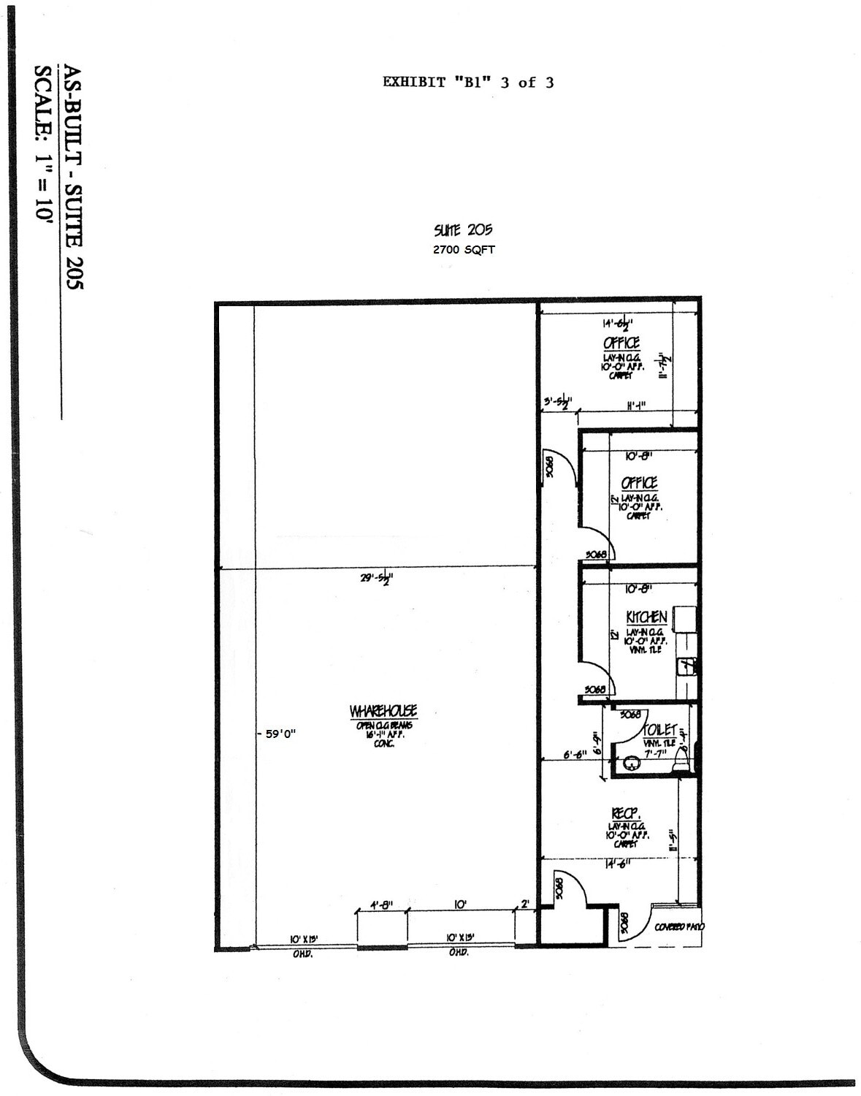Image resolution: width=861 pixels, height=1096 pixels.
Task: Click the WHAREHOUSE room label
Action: [x=383, y=711]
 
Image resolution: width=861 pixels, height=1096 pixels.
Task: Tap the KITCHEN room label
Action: [x=646, y=617]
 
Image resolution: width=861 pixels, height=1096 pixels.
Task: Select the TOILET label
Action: [x=659, y=730]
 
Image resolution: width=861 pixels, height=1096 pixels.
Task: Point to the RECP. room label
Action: [x=626, y=814]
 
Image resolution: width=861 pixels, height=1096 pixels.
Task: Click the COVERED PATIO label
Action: [x=680, y=926]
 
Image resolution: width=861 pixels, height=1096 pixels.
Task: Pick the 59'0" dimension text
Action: [x=280, y=734]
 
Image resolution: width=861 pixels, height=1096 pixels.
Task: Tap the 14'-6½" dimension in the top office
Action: [x=617, y=322]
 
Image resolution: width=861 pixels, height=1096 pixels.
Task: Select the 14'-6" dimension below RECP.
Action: [x=617, y=863]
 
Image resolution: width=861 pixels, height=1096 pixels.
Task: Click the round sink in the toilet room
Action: [x=631, y=764]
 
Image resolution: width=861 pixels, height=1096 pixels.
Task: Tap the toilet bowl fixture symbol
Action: [x=681, y=760]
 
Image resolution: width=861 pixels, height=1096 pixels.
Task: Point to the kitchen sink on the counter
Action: [x=686, y=666]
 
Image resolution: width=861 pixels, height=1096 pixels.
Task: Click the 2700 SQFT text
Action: [x=464, y=250]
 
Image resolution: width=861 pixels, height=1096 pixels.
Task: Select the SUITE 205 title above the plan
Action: [x=463, y=231]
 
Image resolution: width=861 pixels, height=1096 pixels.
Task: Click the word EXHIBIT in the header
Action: [x=414, y=83]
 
